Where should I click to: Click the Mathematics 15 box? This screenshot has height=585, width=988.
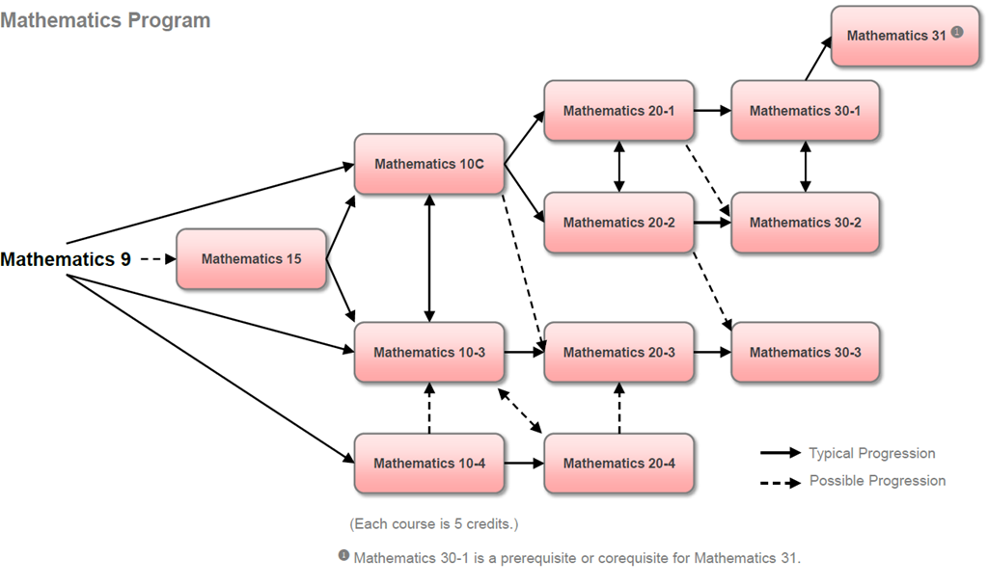251,259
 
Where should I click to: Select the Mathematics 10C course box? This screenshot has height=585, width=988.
429,164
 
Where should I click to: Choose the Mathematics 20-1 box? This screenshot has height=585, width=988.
618,111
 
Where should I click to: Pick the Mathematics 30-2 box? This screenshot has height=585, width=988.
805,223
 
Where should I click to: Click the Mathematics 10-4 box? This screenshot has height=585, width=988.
429,464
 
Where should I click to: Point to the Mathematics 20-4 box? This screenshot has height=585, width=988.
618,464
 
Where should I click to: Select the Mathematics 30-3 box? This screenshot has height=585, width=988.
805,353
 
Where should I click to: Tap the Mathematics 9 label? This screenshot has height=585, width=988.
66,259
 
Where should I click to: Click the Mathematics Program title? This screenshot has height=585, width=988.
105,20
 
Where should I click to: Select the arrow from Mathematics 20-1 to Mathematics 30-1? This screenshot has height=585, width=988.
712,111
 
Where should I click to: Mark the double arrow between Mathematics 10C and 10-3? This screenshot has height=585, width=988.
429,258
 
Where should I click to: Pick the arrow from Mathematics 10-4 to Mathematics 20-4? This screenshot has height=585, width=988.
523,464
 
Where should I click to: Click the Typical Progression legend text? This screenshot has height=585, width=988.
871,453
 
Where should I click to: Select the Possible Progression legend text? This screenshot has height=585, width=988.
877,481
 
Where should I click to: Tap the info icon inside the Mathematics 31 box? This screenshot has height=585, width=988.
957,32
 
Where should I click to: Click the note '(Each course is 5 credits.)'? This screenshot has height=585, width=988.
433,524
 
